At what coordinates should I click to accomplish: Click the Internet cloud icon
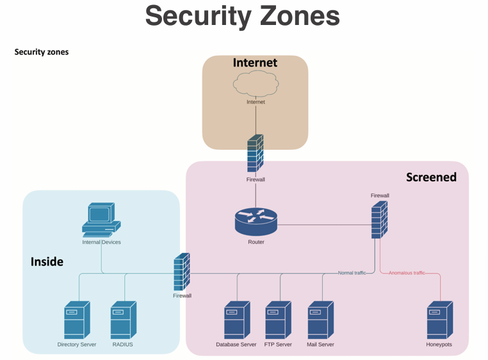(256, 83)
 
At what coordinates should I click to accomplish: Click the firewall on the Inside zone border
(183, 272)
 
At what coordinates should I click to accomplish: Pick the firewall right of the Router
(379, 220)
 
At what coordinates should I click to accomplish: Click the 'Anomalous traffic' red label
(407, 273)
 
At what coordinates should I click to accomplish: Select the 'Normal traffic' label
(352, 273)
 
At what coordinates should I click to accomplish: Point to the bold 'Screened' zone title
(431, 177)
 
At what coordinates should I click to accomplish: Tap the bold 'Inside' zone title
(47, 261)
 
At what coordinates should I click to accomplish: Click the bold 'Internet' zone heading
(255, 62)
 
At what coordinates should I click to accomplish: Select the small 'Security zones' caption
(41, 52)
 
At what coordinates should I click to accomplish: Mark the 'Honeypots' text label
(439, 345)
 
